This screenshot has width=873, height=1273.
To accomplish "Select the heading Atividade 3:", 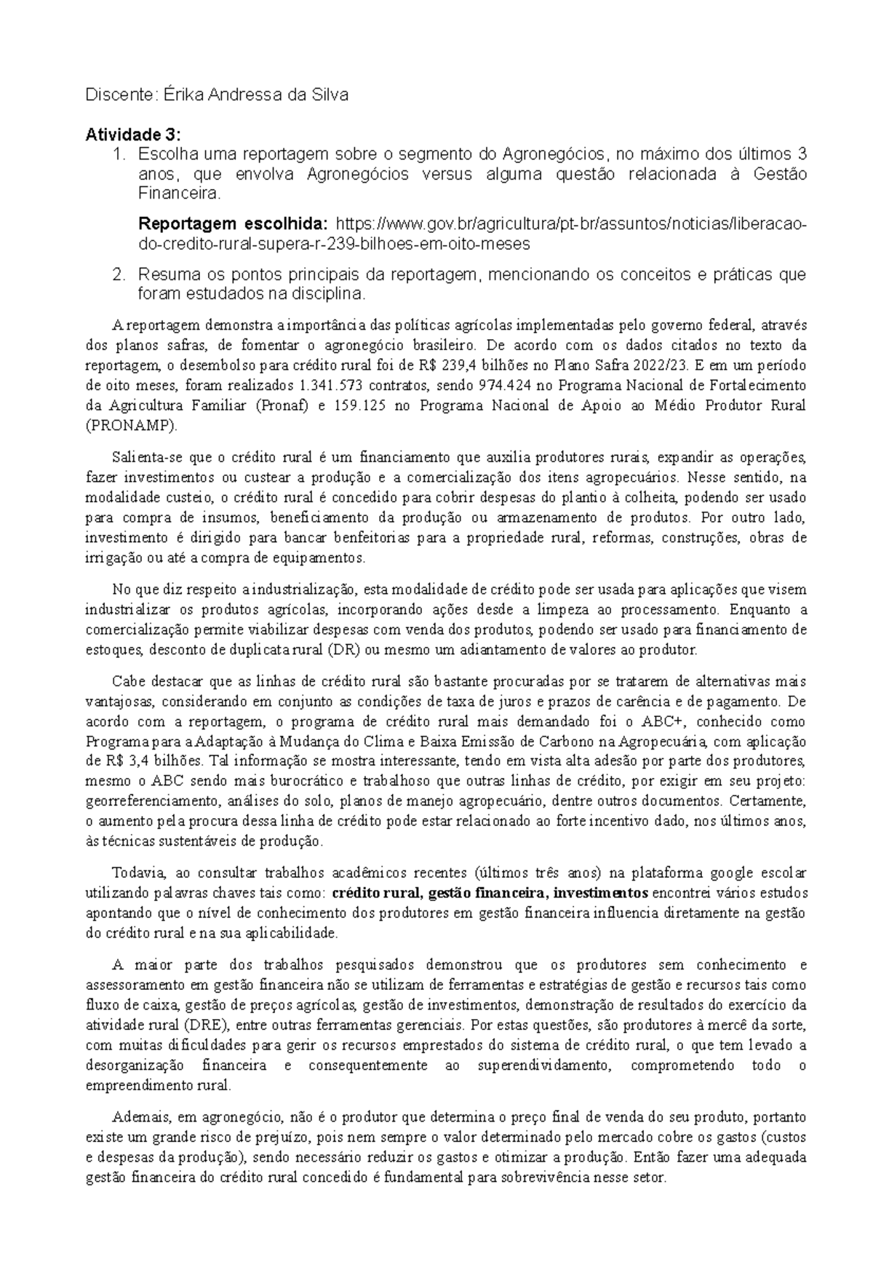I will pyautogui.click(x=131, y=135).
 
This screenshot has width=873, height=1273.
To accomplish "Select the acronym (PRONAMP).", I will pyautogui.click(x=130, y=426).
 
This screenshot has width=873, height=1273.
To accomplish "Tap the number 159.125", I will pyautogui.click(x=361, y=405).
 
